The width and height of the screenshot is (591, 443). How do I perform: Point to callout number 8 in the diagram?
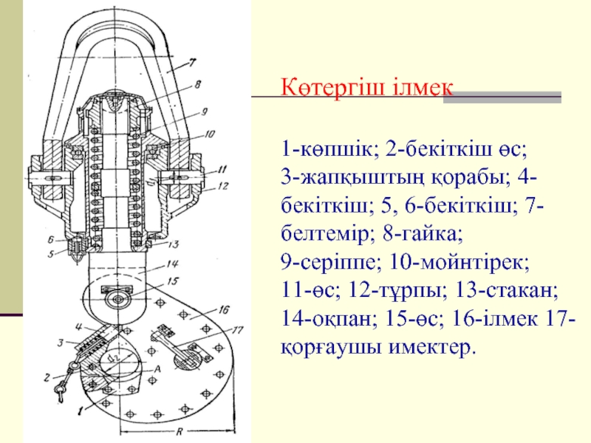198,86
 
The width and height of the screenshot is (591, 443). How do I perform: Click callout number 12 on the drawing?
224,186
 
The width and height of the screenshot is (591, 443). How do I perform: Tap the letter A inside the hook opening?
157,368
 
